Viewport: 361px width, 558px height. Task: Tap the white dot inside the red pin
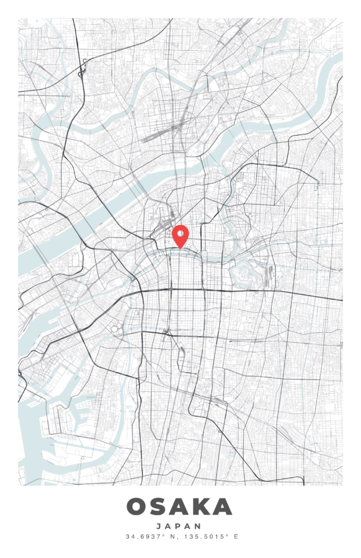180,233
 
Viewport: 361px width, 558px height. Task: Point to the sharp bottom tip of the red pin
180,249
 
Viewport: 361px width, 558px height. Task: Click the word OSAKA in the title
180,507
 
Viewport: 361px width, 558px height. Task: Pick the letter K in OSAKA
201,507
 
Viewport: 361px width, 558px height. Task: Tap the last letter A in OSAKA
222,507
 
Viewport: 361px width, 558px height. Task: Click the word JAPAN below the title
180,526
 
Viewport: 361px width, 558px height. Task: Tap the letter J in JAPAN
160,526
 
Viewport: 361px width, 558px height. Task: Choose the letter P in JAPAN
180,526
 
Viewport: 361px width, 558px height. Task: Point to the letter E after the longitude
236,536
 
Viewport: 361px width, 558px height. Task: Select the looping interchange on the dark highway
83,68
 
